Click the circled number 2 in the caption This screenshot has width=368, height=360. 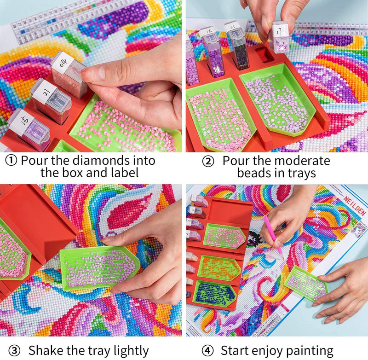(x=208, y=161)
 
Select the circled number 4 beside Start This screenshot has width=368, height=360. (x=209, y=350)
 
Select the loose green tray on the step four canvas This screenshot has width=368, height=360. (x=306, y=283)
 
